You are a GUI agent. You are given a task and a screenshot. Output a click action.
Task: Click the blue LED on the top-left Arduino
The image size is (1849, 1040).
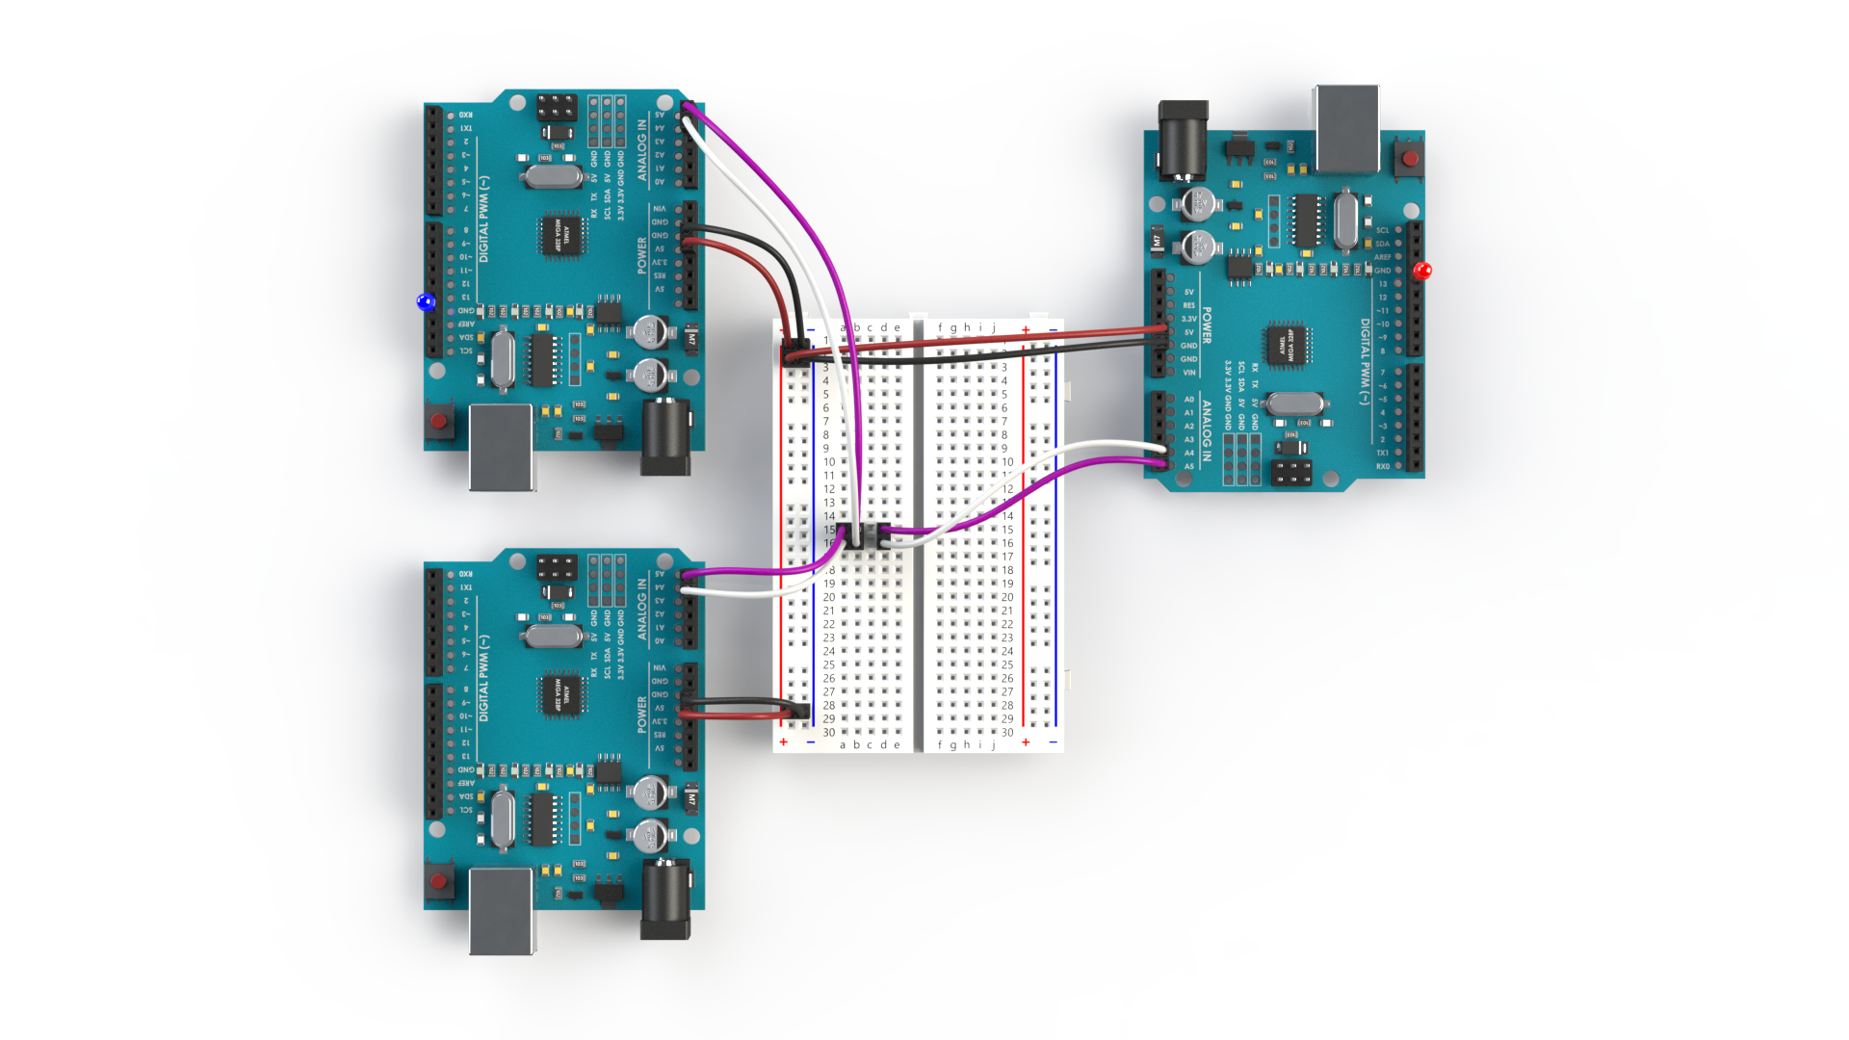(x=426, y=302)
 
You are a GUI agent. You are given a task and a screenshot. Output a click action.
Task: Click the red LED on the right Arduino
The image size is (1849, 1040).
(x=1422, y=271)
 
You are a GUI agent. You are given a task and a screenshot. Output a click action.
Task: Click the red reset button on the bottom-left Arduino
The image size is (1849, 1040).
(x=439, y=881)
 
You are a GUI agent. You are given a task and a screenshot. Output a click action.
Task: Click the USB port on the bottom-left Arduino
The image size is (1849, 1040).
(x=501, y=910)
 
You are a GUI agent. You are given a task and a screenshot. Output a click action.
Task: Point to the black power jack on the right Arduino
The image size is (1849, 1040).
(x=1183, y=141)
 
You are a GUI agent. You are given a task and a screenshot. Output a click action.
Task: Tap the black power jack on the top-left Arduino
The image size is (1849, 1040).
(x=665, y=437)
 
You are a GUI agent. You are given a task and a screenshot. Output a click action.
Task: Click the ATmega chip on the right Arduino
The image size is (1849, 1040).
(x=1287, y=346)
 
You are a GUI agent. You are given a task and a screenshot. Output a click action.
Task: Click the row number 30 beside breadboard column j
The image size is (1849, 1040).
(x=1007, y=733)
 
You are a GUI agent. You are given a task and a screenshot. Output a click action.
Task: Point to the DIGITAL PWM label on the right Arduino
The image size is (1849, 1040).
(x=1365, y=361)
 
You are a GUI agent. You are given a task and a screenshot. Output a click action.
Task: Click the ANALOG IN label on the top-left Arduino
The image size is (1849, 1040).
(x=642, y=150)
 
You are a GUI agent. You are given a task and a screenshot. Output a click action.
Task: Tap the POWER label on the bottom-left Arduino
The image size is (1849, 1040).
(x=642, y=715)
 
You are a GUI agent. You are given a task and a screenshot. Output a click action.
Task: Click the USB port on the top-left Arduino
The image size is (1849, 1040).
(x=501, y=447)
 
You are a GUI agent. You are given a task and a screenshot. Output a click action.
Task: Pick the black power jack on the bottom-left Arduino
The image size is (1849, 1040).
(x=665, y=899)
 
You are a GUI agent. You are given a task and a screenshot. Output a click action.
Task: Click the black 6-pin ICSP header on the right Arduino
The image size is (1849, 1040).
(x=1291, y=473)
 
